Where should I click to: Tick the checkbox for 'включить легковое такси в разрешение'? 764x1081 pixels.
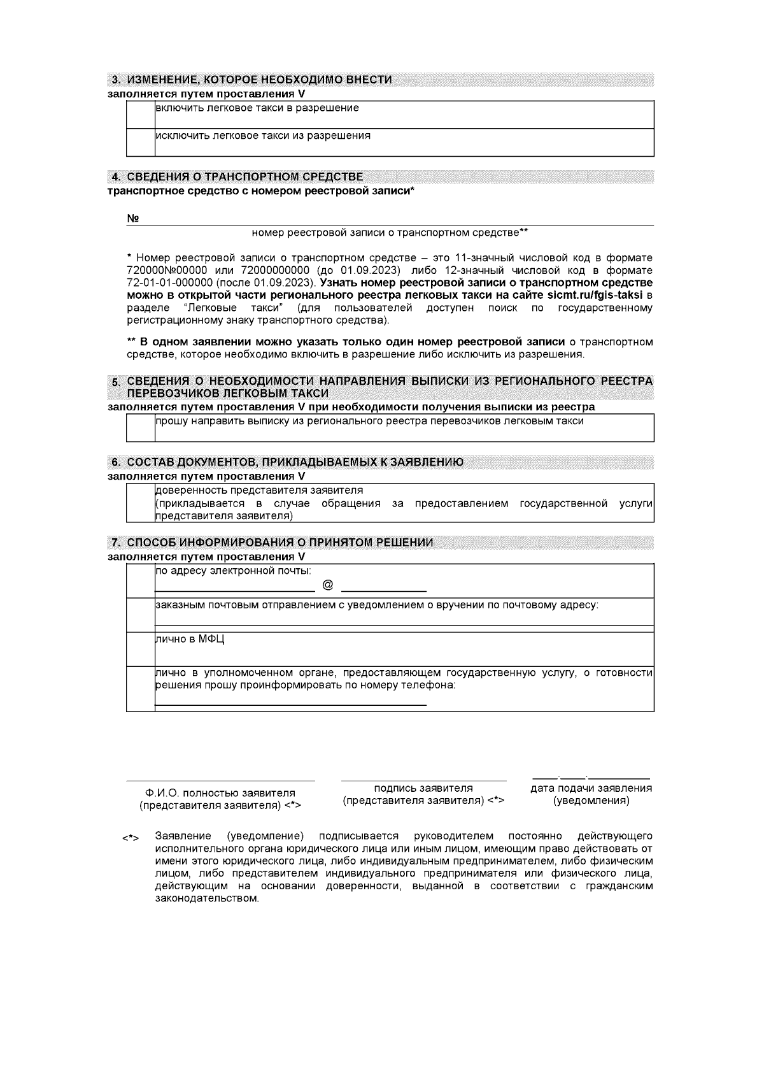click(141, 115)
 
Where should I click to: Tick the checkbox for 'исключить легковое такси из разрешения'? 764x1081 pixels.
click(141, 142)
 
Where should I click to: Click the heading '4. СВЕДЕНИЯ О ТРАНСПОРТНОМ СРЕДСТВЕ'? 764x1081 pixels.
click(237, 176)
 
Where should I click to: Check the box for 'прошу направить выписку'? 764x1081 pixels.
click(141, 427)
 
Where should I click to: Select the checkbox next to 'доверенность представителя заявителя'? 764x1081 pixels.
click(141, 503)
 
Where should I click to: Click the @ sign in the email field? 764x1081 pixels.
click(328, 585)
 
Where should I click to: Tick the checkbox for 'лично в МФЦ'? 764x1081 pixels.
click(141, 649)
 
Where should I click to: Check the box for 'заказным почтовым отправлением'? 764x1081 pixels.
click(141, 615)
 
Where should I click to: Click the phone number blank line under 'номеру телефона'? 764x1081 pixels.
click(291, 704)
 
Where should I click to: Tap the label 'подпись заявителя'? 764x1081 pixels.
click(423, 788)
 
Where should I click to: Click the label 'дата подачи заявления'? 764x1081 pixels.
click(591, 788)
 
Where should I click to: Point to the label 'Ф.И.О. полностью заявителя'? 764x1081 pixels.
click(220, 793)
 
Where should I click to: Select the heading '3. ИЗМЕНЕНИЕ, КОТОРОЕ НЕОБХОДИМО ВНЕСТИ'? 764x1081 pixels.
click(251, 80)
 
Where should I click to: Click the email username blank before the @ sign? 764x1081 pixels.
click(235, 590)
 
